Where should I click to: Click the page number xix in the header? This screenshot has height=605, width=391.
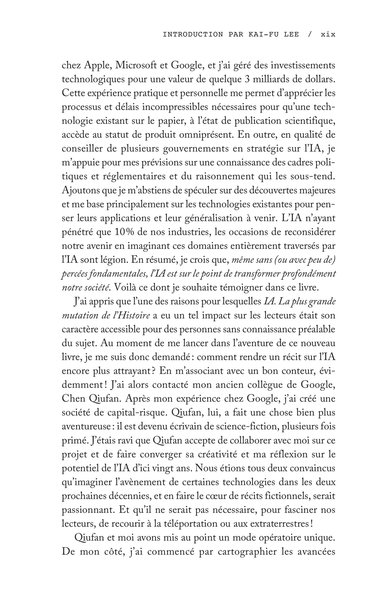[x=328, y=34]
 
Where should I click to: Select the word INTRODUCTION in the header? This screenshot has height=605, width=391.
[x=193, y=34]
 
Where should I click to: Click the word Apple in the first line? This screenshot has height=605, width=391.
[x=98, y=66]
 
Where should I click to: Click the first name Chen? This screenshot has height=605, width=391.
[x=74, y=398]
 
